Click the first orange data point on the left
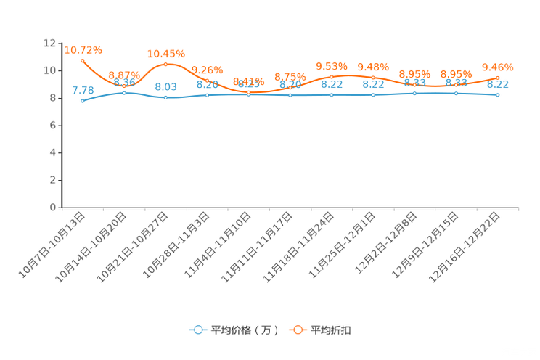[x=83, y=60]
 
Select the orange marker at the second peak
[x=166, y=65]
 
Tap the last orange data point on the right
[x=498, y=77]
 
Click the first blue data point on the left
[x=83, y=101]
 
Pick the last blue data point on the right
[x=498, y=95]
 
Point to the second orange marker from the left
[x=124, y=85]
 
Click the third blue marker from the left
[x=166, y=97]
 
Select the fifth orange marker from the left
[x=249, y=93]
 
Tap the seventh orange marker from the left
[x=332, y=77]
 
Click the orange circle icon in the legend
[x=298, y=330]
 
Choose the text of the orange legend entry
[x=332, y=330]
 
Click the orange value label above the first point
[x=83, y=50]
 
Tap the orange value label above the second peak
[x=166, y=54]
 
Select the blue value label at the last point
[x=498, y=84]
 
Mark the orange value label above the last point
[x=498, y=67]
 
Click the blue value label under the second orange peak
[x=166, y=86]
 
